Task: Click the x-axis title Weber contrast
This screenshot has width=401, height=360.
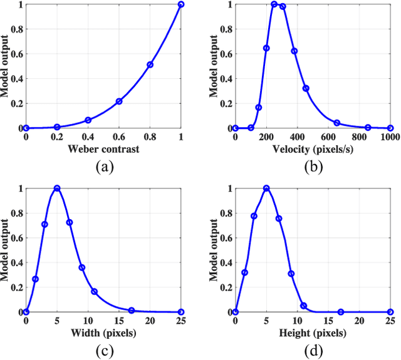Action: [103, 150]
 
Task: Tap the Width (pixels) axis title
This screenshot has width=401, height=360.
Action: [103, 333]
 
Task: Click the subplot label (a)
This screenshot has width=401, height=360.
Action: [103, 167]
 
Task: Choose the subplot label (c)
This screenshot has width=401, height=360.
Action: [103, 351]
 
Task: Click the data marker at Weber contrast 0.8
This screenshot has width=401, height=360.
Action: [150, 64]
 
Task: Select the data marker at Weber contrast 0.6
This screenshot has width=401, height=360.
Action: [119, 101]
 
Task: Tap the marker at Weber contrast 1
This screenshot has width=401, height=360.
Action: [181, 4]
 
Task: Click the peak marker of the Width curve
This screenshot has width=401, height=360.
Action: [57, 188]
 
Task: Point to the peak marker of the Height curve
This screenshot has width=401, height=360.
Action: [266, 188]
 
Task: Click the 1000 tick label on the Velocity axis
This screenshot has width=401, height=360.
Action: [389, 137]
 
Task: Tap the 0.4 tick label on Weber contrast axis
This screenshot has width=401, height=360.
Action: [88, 137]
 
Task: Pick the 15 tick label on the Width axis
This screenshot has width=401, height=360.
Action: [119, 321]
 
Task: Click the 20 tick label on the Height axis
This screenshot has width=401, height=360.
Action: [359, 321]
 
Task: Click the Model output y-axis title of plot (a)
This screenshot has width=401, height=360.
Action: [6, 66]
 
